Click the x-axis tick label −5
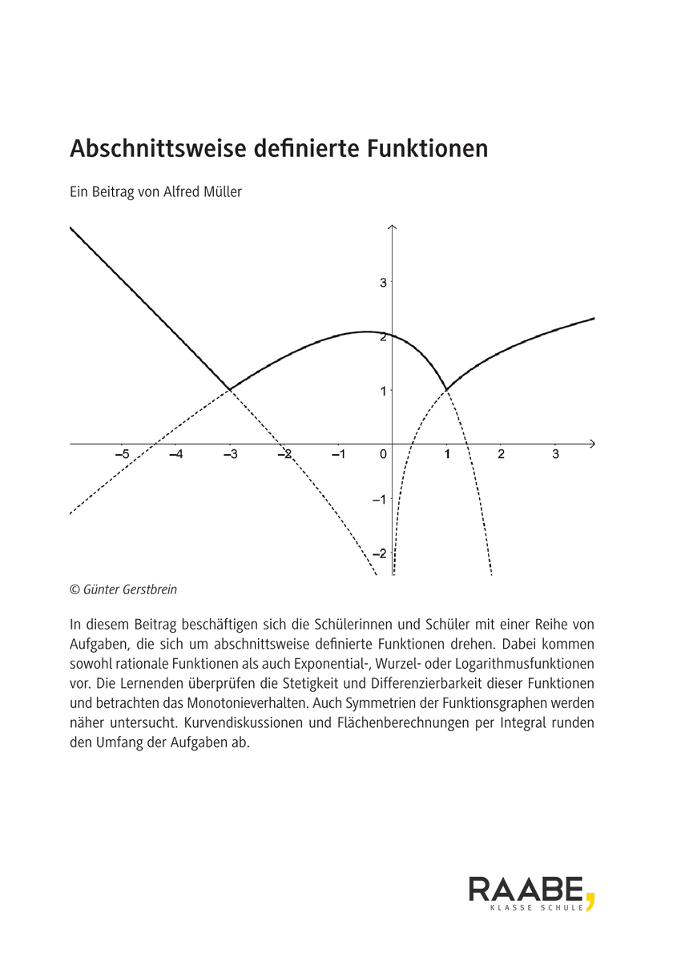click(122, 455)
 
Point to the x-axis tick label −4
click(175, 455)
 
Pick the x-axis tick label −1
click(338, 455)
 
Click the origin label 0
click(383, 455)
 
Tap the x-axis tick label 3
click(556, 455)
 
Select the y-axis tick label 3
click(383, 282)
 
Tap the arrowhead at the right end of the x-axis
click(591, 443)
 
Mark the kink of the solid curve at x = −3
click(230, 389)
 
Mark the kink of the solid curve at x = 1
click(446, 389)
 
